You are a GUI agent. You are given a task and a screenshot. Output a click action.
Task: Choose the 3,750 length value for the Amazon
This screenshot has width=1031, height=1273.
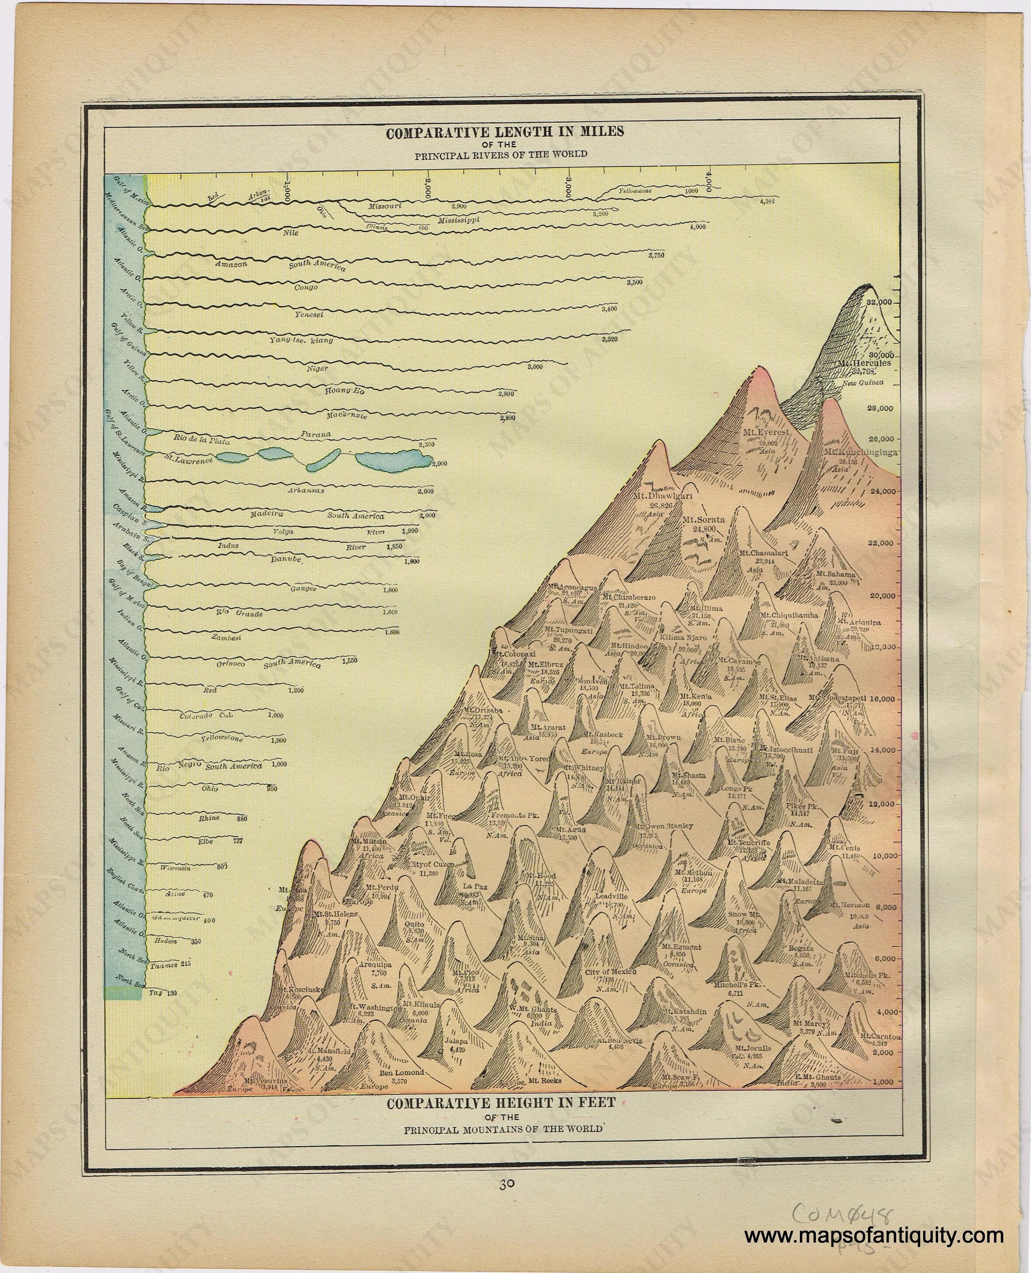[x=656, y=256]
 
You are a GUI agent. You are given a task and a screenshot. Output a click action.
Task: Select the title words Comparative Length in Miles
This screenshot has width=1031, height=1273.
[x=505, y=132]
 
